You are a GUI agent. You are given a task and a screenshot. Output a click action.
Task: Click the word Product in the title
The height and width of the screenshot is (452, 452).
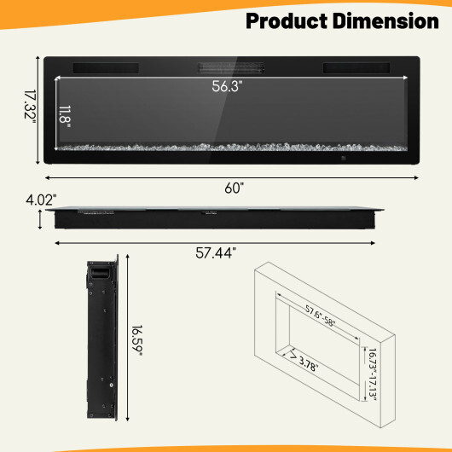(x=291, y=20)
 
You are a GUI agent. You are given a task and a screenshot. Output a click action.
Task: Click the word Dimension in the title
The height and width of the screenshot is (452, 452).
(x=388, y=20)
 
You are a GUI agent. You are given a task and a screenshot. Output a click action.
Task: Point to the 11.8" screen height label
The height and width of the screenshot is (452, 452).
(x=66, y=115)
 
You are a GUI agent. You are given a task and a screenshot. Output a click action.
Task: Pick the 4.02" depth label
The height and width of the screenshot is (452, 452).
(x=41, y=200)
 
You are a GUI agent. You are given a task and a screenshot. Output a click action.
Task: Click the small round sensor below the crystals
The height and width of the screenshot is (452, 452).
(x=344, y=158)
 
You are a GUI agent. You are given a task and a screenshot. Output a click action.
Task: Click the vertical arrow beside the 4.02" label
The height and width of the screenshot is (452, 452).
(x=39, y=220)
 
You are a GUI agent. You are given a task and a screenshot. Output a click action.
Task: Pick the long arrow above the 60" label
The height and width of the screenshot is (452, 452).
(x=232, y=178)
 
